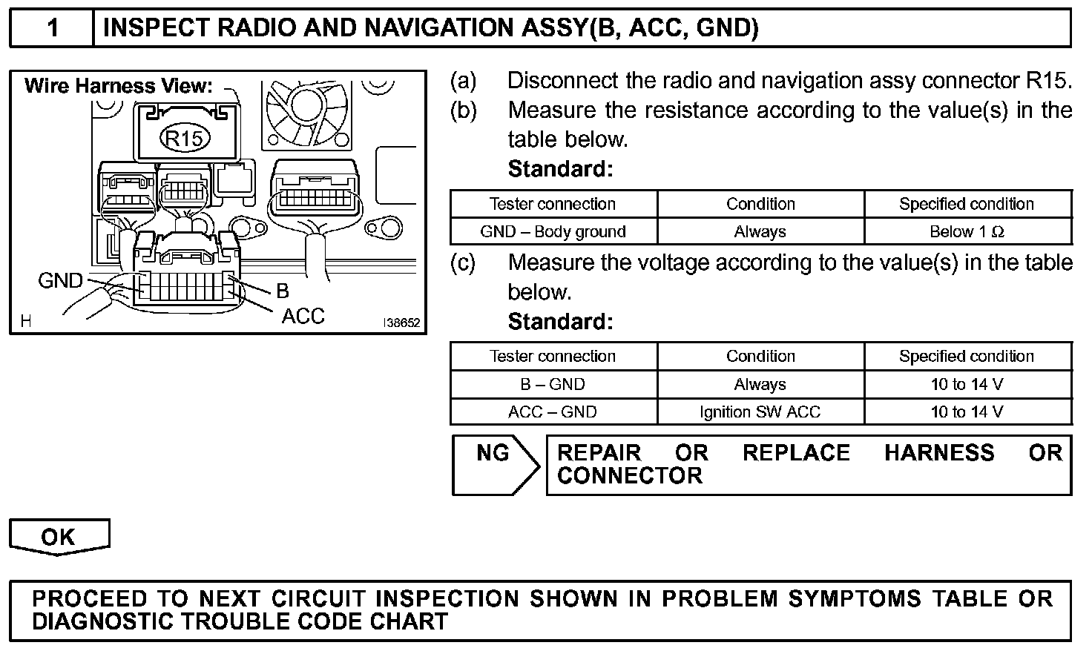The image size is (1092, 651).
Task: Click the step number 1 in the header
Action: click(x=52, y=28)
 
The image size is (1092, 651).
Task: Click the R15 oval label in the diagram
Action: click(x=185, y=138)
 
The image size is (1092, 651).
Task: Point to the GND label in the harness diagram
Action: click(x=61, y=281)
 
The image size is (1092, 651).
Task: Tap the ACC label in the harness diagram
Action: click(x=303, y=317)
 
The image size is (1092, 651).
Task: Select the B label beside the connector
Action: click(x=282, y=291)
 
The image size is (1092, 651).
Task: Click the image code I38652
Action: click(x=401, y=323)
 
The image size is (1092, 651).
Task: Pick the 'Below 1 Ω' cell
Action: click(x=967, y=231)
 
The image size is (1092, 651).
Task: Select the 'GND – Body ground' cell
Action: click(x=553, y=231)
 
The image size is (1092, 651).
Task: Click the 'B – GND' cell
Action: click(x=553, y=384)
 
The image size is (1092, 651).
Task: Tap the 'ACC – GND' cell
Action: click(x=553, y=412)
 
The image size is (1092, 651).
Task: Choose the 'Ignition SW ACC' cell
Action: click(x=760, y=412)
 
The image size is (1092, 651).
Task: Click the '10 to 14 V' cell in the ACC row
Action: click(x=967, y=412)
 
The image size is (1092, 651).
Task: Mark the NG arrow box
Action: click(x=495, y=464)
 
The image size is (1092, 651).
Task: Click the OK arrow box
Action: click(x=59, y=537)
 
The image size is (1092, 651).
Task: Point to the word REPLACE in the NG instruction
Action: click(x=796, y=452)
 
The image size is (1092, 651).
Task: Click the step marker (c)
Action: click(x=463, y=262)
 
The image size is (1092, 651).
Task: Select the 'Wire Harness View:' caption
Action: click(x=119, y=86)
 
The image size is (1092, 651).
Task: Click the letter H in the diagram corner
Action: click(x=26, y=321)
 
